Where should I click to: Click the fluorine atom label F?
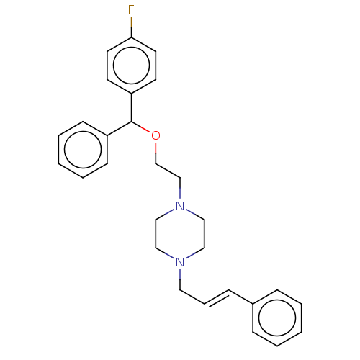(131, 9)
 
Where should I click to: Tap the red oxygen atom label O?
(156, 136)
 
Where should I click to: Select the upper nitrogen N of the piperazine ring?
(180, 206)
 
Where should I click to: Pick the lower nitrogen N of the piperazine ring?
(180, 262)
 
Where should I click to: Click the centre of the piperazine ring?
(180, 234)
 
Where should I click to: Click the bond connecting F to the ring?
(131, 27)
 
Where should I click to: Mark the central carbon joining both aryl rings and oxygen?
(132, 122)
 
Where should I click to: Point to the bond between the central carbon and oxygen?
(141, 127)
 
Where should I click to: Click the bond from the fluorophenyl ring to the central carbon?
(132, 107)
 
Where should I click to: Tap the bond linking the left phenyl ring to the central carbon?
(120, 129)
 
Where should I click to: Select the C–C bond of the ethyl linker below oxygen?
(168, 171)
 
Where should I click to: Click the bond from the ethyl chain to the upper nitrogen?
(180, 189)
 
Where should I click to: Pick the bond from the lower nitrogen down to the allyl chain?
(180, 279)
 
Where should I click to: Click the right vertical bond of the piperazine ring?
(204, 234)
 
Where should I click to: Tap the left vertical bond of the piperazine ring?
(156, 234)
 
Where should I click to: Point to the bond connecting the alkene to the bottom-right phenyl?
(240, 297)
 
